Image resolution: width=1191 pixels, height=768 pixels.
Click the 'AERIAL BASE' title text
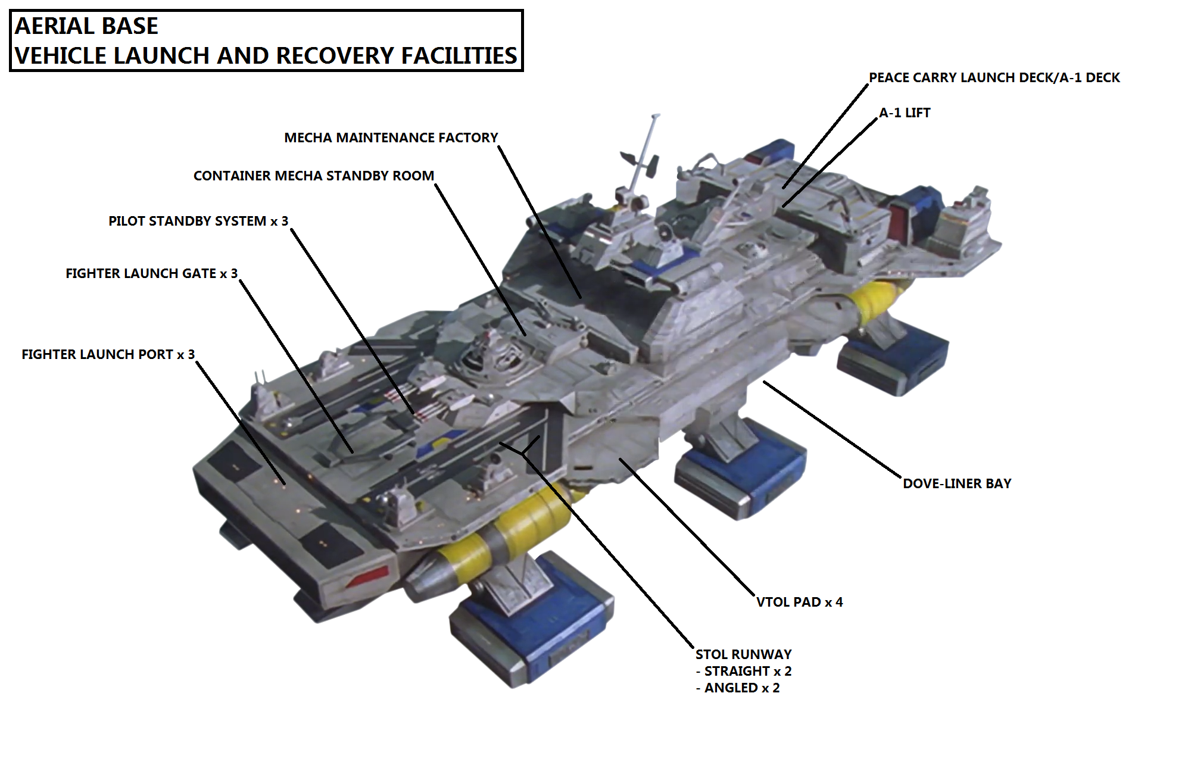point(86,26)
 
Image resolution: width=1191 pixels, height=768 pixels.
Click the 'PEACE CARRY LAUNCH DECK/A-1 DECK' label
point(994,78)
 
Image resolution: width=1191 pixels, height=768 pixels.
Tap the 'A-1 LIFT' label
point(905,113)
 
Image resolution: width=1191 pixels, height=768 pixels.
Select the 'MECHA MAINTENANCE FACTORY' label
point(391,138)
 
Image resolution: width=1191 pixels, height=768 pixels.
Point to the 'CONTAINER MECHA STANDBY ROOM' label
point(314,176)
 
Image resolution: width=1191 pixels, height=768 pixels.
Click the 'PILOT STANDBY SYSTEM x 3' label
point(198,221)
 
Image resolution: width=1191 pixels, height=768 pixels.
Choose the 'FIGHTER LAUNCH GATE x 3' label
point(151,274)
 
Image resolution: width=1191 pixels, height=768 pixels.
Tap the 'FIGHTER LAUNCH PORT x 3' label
point(108,355)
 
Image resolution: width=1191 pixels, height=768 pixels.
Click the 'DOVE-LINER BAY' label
point(957,484)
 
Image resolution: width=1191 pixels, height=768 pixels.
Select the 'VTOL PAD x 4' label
point(799,602)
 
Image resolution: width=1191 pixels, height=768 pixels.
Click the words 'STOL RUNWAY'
point(744,655)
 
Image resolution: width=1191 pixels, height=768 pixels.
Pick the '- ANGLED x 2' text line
point(738,688)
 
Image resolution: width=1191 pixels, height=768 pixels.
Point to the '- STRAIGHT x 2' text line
point(744,672)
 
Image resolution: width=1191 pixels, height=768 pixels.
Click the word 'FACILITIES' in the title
point(459,56)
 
